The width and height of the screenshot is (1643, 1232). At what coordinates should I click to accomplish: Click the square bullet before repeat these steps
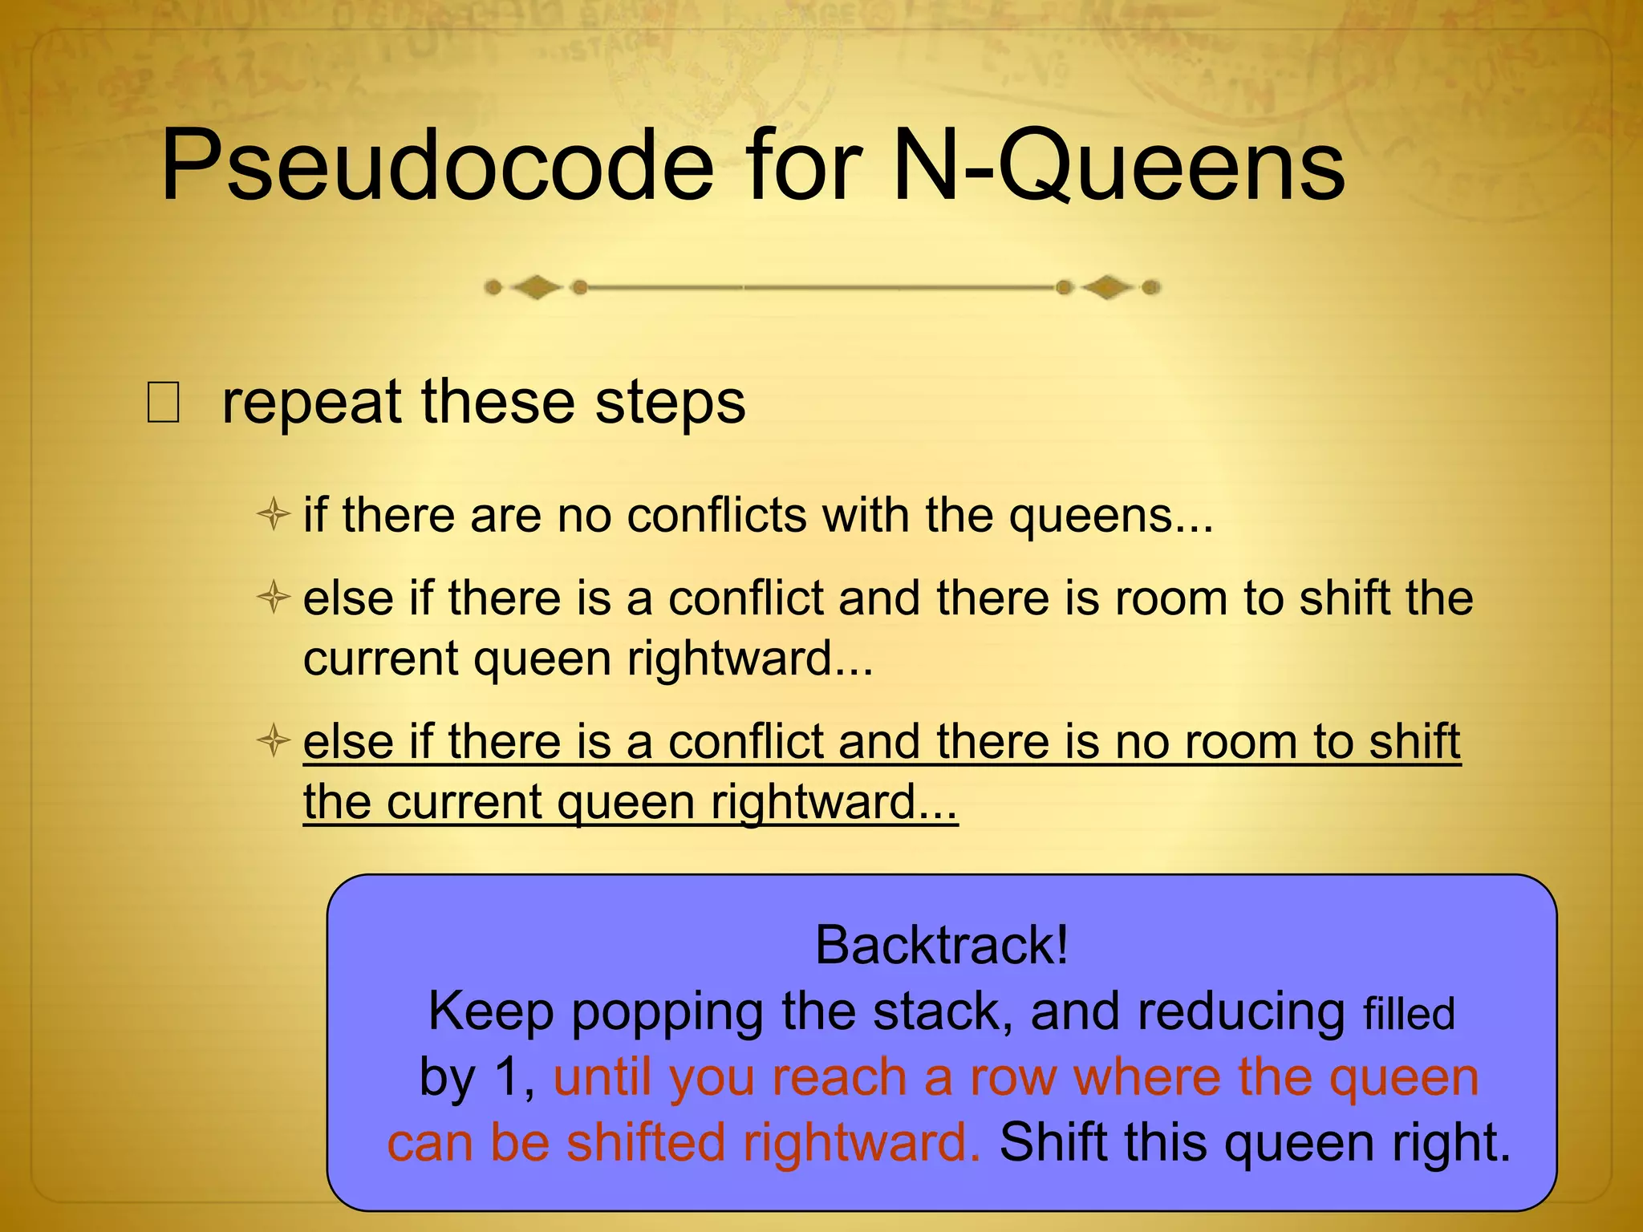[163, 403]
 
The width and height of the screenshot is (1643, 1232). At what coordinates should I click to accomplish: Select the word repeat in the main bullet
[311, 403]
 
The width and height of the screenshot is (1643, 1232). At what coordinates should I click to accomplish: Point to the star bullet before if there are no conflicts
[273, 513]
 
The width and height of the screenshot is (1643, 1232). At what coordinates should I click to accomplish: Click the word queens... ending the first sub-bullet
[1111, 515]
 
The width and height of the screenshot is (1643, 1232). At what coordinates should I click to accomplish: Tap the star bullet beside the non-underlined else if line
[273, 598]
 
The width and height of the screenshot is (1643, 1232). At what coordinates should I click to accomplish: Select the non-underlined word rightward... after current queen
[749, 659]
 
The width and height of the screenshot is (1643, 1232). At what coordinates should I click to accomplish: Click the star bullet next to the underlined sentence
[273, 740]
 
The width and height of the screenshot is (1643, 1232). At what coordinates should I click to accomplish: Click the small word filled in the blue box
[1409, 1014]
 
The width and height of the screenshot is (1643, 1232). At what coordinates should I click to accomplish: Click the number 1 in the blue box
[513, 1077]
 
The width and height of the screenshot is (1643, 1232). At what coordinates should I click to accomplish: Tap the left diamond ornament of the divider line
[536, 286]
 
